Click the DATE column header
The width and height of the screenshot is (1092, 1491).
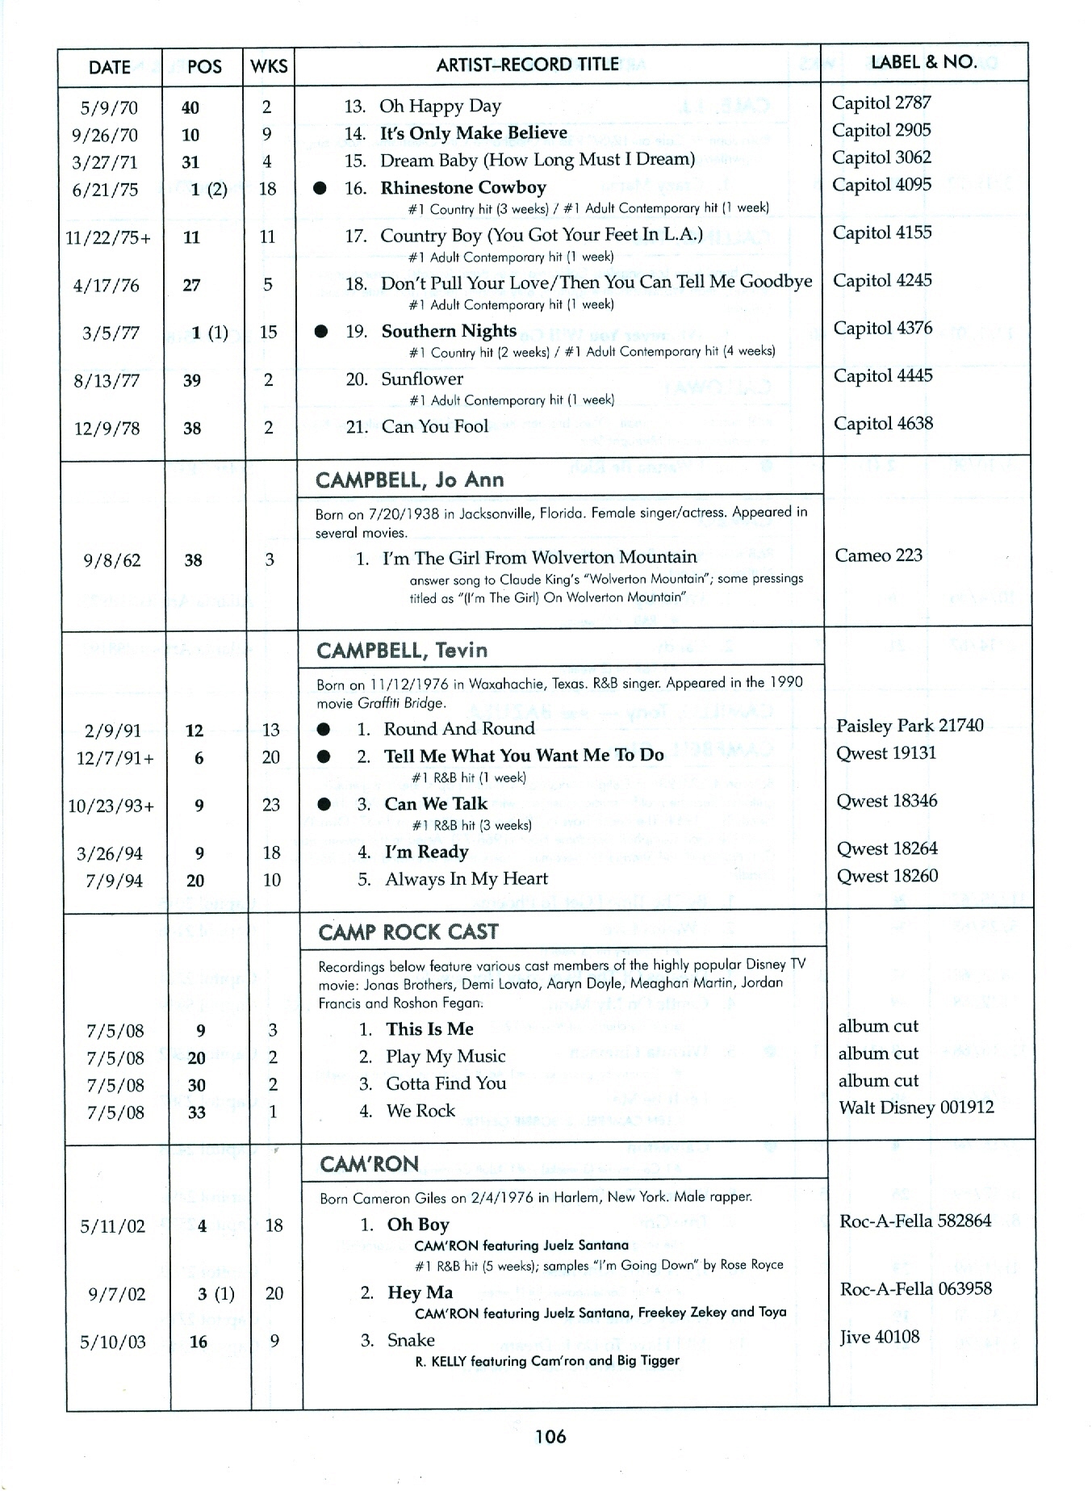point(109,67)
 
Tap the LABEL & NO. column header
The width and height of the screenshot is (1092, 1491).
point(923,62)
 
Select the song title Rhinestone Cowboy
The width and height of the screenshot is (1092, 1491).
point(463,188)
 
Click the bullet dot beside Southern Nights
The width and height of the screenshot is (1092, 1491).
point(321,331)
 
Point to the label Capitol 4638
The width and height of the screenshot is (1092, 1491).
point(883,424)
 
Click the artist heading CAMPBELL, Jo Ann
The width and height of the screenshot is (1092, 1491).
point(409,480)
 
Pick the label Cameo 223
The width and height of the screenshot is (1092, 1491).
point(878,555)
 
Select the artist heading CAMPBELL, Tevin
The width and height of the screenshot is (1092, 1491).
point(402,651)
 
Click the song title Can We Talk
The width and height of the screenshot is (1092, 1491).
point(436,804)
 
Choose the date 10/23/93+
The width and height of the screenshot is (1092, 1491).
point(111,806)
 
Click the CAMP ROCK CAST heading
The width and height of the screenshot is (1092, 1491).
point(408,932)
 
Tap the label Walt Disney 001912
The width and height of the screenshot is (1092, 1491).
point(916,1108)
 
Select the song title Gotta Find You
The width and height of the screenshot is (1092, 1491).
point(446,1083)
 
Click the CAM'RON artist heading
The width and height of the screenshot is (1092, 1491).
point(369,1164)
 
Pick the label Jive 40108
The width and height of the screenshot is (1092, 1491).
point(879,1337)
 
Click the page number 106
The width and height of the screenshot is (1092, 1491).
point(550,1436)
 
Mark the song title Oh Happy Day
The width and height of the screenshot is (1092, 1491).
point(440,106)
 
